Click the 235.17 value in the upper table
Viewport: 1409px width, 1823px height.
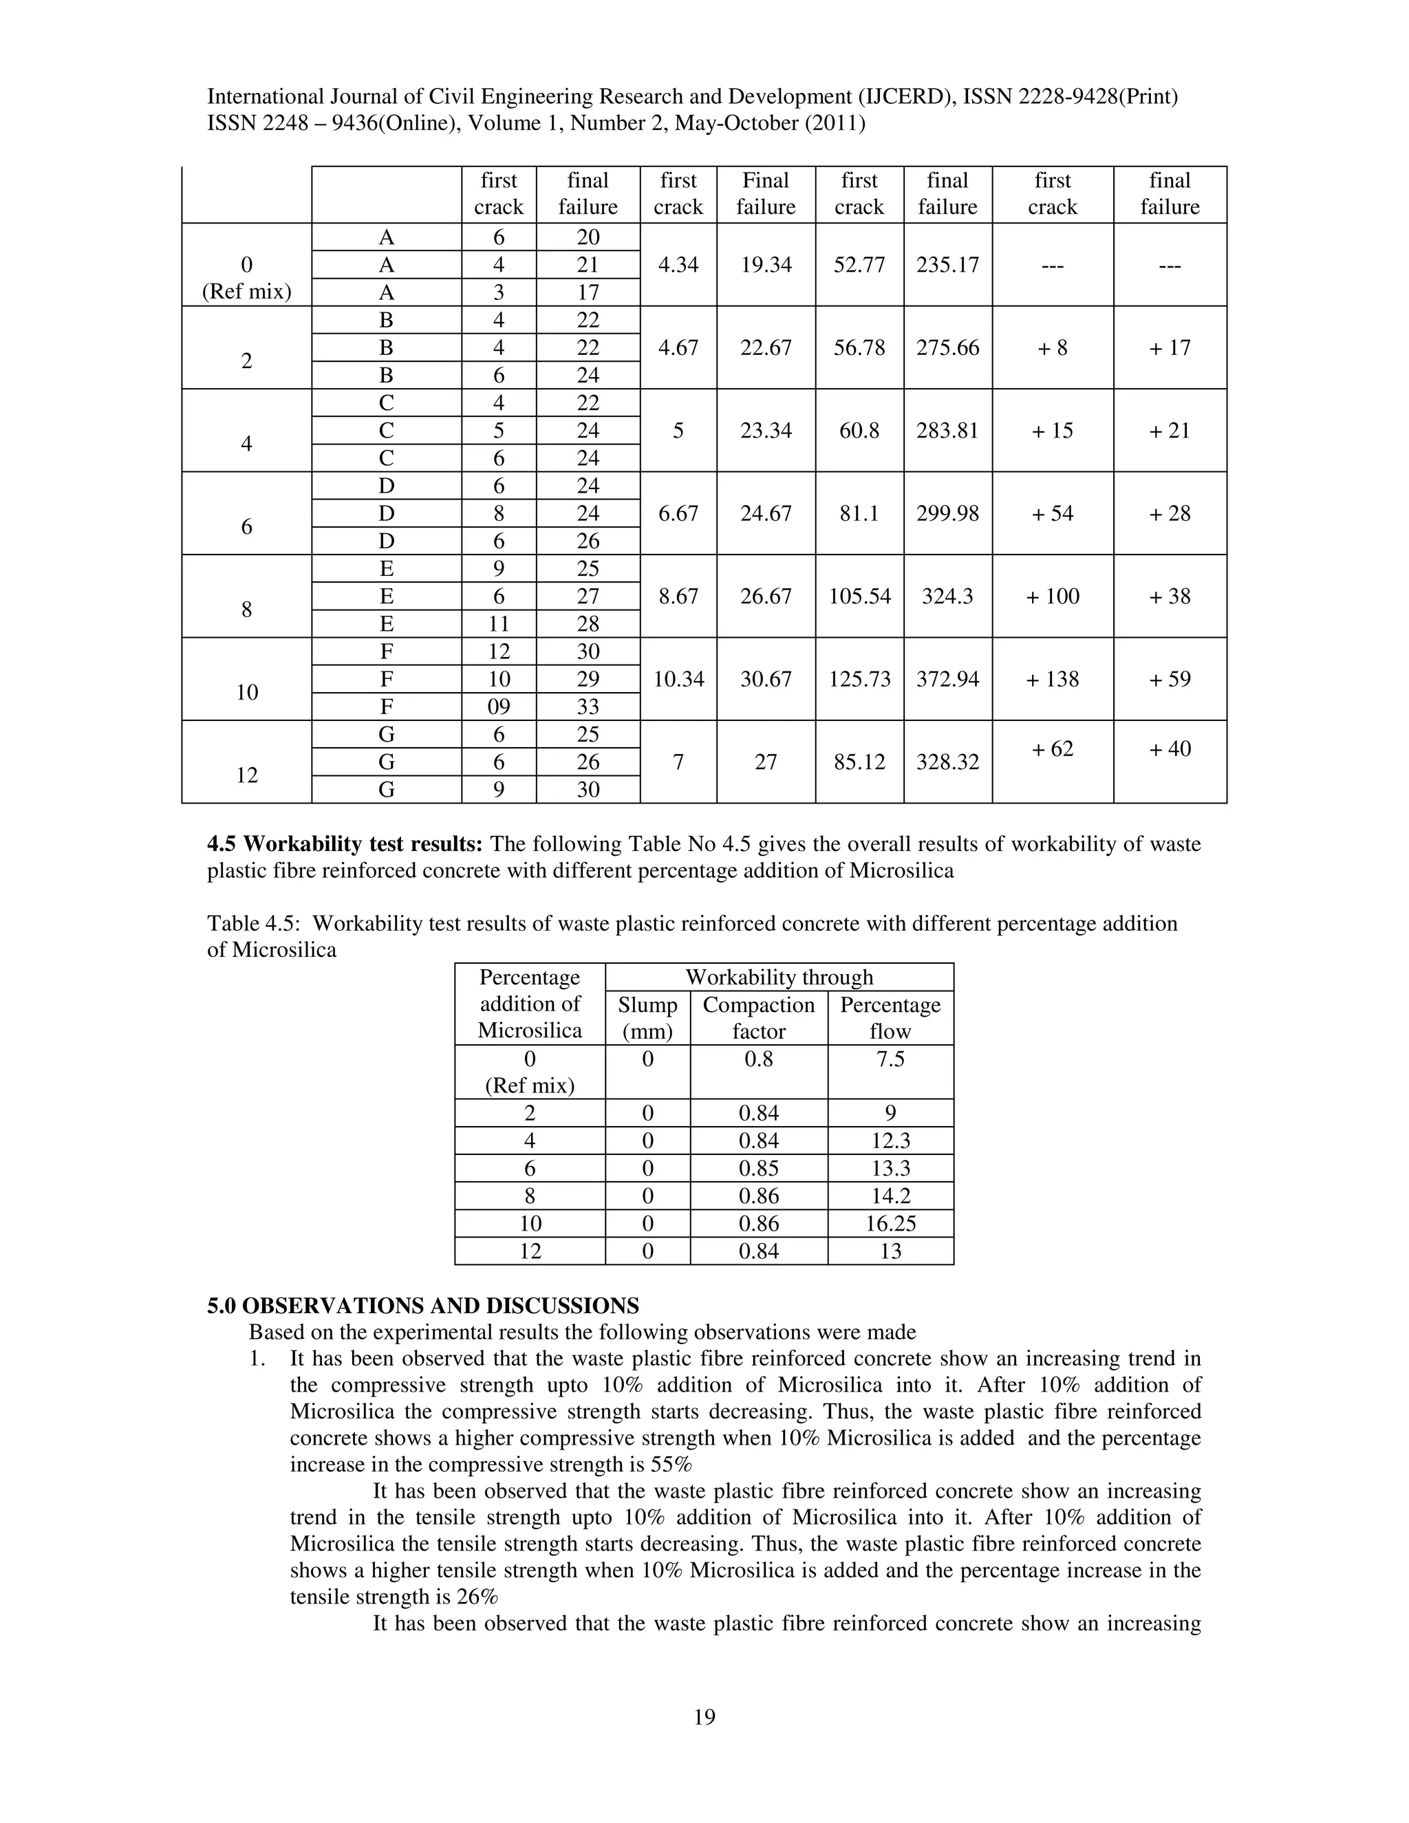(x=947, y=265)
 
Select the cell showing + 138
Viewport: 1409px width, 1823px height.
(x=1052, y=678)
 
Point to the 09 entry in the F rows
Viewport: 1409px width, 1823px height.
(x=498, y=706)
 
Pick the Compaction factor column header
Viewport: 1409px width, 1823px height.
(x=758, y=1017)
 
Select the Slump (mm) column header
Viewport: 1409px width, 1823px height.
(x=647, y=1017)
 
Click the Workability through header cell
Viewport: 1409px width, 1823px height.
(x=779, y=977)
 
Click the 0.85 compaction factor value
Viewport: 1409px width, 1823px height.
(x=758, y=1169)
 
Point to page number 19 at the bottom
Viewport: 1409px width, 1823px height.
(x=704, y=1717)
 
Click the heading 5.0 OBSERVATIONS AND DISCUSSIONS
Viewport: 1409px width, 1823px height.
(x=422, y=1306)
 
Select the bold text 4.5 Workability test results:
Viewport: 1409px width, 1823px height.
(x=345, y=844)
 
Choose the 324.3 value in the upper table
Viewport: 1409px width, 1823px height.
(x=947, y=596)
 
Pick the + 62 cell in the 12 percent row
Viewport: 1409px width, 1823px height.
(x=1052, y=748)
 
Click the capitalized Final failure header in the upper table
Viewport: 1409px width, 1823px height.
(x=766, y=194)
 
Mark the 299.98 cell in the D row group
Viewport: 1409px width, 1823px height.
(x=947, y=513)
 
